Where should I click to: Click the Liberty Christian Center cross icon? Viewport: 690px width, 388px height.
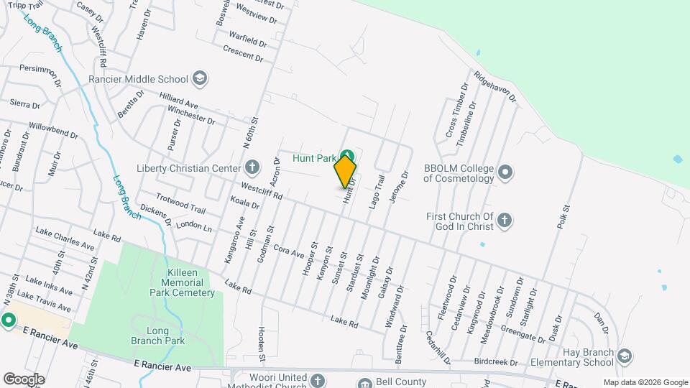click(252, 168)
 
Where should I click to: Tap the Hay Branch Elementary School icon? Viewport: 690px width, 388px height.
click(625, 356)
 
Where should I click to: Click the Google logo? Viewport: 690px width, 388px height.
click(24, 379)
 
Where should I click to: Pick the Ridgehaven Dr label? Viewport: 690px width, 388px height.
click(494, 87)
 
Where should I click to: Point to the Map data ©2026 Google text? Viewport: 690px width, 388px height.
click(645, 382)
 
